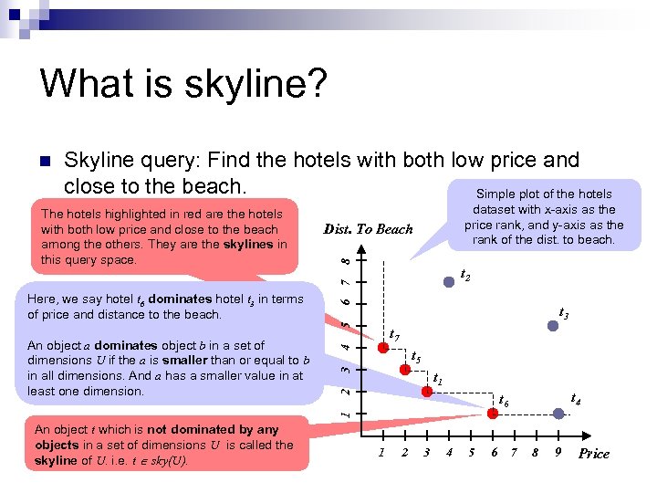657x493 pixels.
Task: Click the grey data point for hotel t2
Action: coord(449,282)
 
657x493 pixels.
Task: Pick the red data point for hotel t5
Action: coord(403,369)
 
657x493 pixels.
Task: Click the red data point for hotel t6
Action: coord(494,413)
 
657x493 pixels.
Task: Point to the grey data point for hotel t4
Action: coord(558,413)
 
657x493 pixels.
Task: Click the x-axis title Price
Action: coord(593,454)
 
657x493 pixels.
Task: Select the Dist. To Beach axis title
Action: coord(368,229)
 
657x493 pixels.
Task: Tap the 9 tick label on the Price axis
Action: coord(557,453)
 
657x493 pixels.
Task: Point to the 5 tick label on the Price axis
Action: coord(471,453)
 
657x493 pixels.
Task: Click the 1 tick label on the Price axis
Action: coord(381,453)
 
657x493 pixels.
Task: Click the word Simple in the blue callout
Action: coord(496,194)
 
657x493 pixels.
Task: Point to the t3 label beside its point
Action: coord(564,313)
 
